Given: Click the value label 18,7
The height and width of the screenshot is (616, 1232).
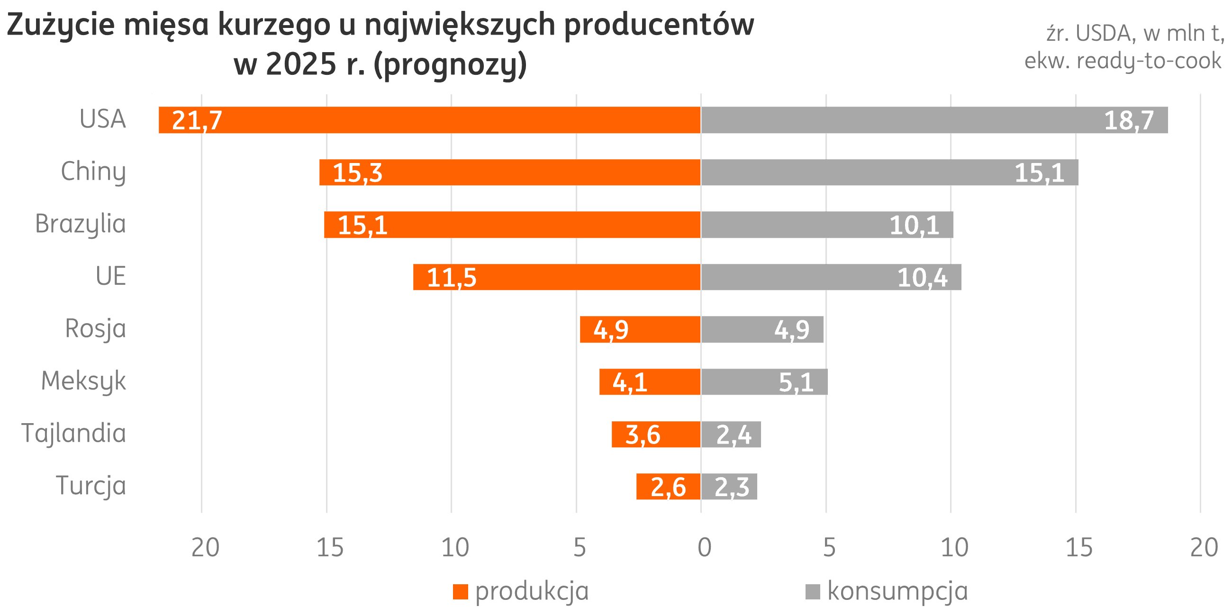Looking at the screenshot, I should [x=1129, y=120].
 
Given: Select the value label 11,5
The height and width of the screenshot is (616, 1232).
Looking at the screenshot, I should [x=452, y=278].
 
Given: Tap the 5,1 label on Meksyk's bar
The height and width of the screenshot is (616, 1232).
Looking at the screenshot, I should [x=796, y=382].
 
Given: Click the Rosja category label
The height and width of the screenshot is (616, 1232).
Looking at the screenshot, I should [x=96, y=329].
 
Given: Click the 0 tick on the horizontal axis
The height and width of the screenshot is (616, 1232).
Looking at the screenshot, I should [x=704, y=548].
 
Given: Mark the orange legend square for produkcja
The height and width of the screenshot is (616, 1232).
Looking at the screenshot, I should [x=460, y=592].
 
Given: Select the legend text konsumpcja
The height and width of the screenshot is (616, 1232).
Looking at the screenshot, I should [x=897, y=592].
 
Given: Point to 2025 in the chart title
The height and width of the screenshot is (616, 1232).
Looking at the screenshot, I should [x=301, y=64].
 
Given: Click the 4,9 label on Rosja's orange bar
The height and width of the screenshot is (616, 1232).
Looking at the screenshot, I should [x=611, y=330].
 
